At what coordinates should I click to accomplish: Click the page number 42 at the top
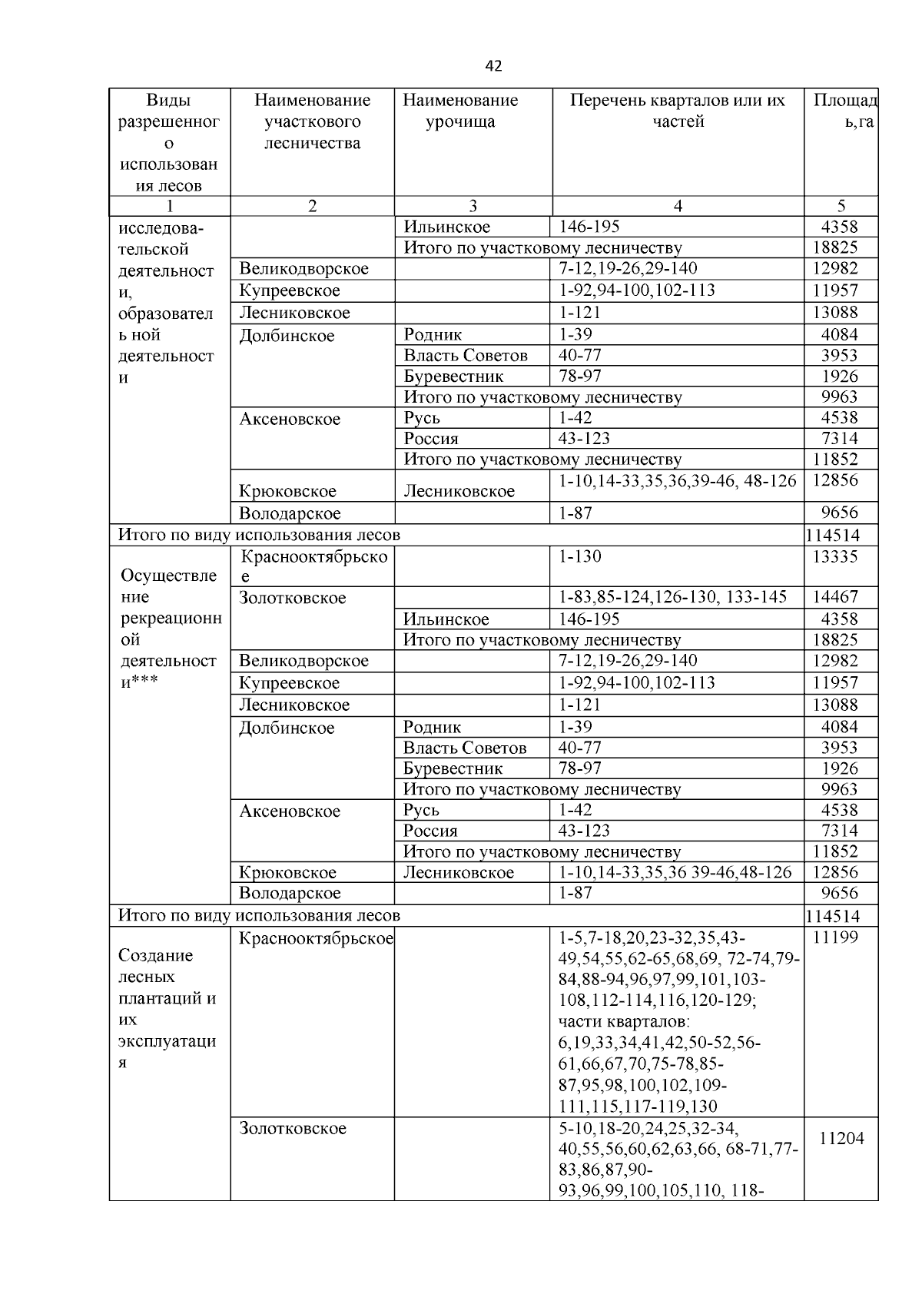click(x=493, y=66)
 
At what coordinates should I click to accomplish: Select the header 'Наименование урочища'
click(x=460, y=111)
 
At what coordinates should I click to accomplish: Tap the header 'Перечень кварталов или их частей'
click(x=678, y=111)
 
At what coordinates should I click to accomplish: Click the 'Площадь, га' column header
click(x=844, y=111)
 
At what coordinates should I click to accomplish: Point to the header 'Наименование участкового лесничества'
click(x=312, y=121)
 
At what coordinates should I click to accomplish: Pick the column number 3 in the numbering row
click(x=473, y=205)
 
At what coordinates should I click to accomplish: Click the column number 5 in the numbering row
click(x=841, y=205)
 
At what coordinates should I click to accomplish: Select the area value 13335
click(x=835, y=557)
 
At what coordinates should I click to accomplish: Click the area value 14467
click(x=835, y=597)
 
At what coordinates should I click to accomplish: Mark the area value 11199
click(x=835, y=937)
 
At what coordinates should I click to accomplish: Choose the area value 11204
click(x=841, y=1139)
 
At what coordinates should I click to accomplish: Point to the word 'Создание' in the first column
click(x=156, y=956)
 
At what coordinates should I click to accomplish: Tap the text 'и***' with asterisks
click(x=140, y=682)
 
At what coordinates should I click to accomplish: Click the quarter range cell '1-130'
click(x=580, y=557)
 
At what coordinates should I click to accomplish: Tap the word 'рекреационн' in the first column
click(x=171, y=619)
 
